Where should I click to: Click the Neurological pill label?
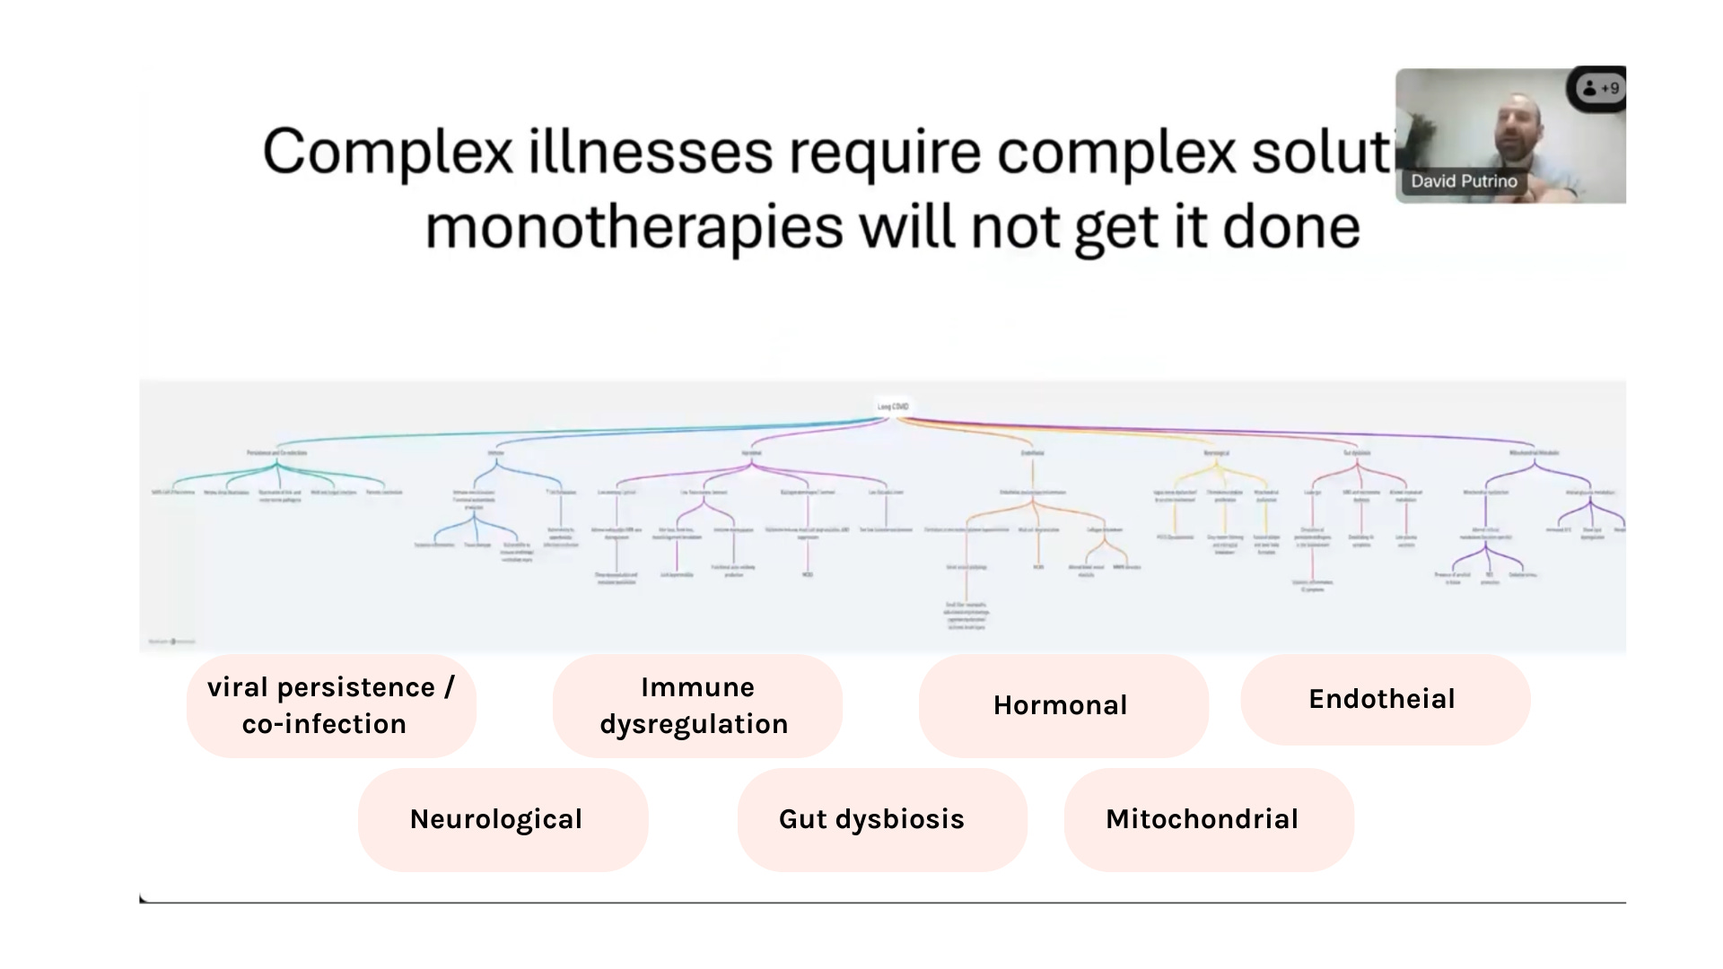point(496,819)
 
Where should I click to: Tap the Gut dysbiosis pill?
point(871,819)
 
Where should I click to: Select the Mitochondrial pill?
point(1202,819)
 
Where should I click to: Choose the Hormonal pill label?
point(1060,705)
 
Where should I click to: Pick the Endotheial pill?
point(1382,699)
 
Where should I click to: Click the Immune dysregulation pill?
point(695,705)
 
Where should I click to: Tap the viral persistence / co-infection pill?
point(330,705)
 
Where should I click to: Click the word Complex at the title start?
point(387,152)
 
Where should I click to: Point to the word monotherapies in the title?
point(634,227)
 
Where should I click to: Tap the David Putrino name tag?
point(1464,181)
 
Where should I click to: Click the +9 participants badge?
point(1602,88)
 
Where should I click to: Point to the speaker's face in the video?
point(1517,126)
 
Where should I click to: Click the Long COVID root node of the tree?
point(893,406)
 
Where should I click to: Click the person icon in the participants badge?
point(1589,88)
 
